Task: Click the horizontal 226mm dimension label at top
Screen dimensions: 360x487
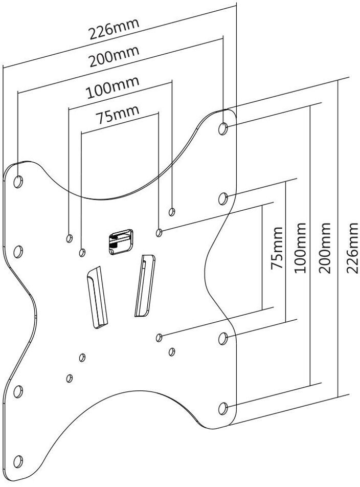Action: point(114,29)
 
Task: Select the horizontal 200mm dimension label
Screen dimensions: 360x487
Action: point(114,56)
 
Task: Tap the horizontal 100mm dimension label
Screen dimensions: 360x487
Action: point(112,87)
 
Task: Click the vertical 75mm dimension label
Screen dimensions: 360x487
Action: point(277,248)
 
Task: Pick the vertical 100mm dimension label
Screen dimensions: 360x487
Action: point(300,248)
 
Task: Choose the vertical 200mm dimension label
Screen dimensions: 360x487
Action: point(324,248)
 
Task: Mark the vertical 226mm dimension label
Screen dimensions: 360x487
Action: point(352,248)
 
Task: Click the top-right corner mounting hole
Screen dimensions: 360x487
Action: point(223,128)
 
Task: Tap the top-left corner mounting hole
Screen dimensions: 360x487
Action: point(18,182)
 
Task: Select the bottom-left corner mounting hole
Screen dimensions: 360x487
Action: point(18,462)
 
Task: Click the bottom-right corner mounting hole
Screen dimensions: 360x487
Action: point(223,409)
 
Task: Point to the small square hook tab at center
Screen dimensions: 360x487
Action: point(121,241)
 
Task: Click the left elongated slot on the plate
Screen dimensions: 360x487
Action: point(97,297)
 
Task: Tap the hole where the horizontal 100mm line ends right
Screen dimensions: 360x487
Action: point(172,212)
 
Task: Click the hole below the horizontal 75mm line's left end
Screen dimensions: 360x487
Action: point(82,253)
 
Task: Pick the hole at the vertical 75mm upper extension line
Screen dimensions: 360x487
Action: point(159,232)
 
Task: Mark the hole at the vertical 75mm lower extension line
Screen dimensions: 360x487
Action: point(159,338)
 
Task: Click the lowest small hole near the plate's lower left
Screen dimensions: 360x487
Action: point(70,379)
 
